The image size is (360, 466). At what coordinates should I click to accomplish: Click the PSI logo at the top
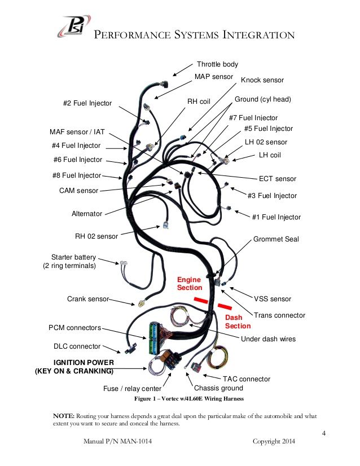(74, 26)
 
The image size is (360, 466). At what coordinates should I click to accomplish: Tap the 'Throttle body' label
(217, 64)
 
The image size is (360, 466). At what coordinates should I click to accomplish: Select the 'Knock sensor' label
(262, 80)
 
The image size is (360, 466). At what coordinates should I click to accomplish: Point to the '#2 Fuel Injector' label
(87, 103)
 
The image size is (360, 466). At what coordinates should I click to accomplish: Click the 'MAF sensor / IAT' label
(77, 131)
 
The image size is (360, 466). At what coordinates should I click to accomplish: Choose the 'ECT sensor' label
(278, 179)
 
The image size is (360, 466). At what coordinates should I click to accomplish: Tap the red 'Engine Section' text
(190, 284)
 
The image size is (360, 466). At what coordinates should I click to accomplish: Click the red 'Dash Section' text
(238, 322)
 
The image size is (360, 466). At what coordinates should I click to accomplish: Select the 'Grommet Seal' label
(276, 239)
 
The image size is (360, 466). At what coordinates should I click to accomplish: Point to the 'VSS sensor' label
(273, 299)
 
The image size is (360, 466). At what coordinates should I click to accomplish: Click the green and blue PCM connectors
(153, 338)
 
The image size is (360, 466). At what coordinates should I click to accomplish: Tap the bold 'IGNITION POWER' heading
(84, 363)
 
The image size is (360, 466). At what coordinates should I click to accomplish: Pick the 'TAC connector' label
(247, 379)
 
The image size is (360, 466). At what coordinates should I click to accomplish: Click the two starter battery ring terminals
(123, 263)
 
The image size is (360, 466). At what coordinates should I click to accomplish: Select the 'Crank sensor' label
(88, 298)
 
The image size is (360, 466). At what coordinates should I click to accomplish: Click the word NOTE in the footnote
(64, 416)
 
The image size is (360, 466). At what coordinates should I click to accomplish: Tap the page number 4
(324, 433)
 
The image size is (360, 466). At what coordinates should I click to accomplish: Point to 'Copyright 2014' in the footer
(274, 441)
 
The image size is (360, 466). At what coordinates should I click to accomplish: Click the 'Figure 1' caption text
(145, 398)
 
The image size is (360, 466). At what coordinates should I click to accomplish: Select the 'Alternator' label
(87, 214)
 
